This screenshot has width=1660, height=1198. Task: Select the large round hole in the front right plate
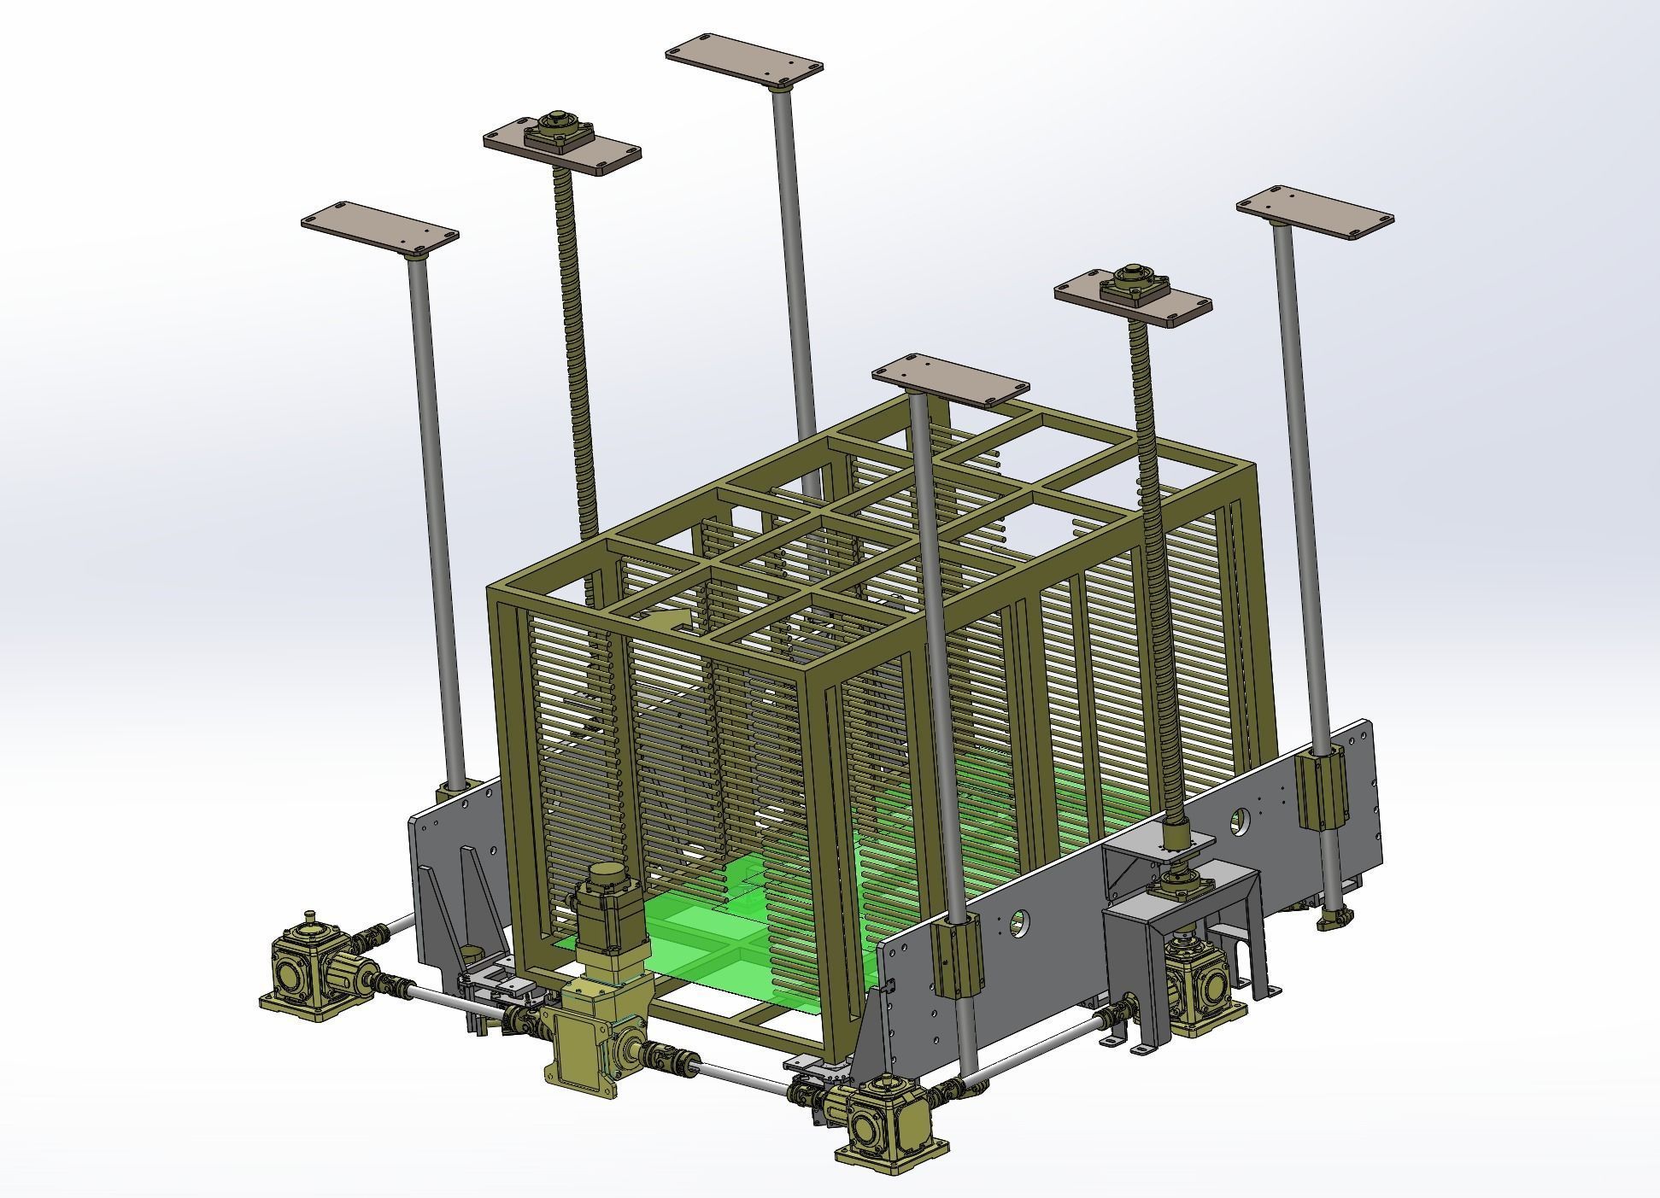coord(1018,920)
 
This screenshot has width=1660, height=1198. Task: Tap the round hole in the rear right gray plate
coord(1238,822)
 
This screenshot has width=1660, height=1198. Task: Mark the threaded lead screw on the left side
coord(576,359)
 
